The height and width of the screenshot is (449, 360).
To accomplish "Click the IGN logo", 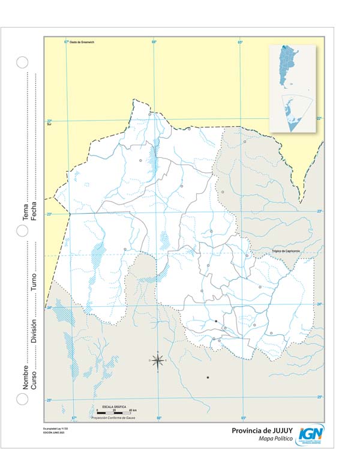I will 310,434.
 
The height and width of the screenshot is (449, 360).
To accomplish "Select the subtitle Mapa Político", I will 275,439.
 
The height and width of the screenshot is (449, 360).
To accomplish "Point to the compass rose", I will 158,360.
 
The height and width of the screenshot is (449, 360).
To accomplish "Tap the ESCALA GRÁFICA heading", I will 113,407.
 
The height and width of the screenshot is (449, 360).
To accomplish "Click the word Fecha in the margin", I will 34,211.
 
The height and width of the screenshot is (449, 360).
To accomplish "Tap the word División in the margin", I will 34,330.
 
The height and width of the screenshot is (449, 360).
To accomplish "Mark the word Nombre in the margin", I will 25,375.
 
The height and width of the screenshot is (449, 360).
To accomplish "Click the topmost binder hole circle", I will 22,62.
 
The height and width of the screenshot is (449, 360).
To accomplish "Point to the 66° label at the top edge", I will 154,42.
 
